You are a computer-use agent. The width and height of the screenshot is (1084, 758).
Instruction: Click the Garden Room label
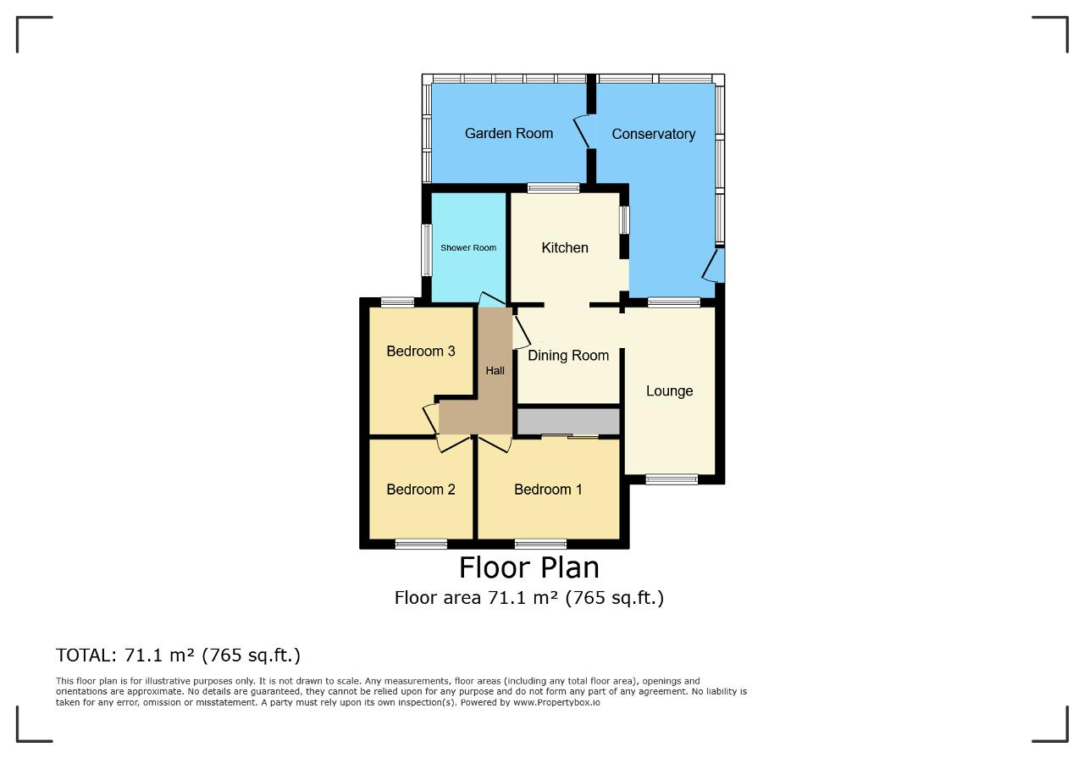(509, 133)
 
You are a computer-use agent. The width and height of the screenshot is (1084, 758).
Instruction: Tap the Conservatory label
(653, 134)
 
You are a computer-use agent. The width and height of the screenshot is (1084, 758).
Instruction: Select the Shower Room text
(468, 248)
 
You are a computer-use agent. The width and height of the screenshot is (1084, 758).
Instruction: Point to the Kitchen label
(565, 248)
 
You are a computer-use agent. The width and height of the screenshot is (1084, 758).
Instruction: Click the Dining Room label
(568, 356)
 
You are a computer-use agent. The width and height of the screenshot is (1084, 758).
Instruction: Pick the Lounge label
(669, 391)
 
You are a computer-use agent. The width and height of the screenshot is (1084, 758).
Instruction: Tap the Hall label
(495, 371)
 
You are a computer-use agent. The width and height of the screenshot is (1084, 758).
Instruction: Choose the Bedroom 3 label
(421, 351)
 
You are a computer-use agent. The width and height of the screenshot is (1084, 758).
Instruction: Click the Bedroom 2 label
(421, 490)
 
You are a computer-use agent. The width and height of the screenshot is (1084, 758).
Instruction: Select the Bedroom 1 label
(548, 490)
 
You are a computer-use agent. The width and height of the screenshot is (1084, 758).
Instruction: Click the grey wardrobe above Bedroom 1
(568, 421)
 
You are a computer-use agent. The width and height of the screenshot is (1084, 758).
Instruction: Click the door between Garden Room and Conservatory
(583, 131)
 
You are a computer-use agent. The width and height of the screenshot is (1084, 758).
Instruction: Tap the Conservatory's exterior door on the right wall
(714, 265)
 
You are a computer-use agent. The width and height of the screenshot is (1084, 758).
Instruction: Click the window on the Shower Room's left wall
(426, 250)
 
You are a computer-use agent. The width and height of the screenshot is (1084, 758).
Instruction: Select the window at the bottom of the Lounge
(672, 479)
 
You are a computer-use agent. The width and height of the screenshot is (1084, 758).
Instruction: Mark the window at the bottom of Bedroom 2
(421, 544)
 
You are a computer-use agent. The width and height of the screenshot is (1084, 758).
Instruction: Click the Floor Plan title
(529, 567)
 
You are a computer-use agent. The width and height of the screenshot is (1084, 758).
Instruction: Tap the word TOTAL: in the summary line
(86, 656)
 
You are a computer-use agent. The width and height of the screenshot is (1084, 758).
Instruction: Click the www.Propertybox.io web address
(556, 702)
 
